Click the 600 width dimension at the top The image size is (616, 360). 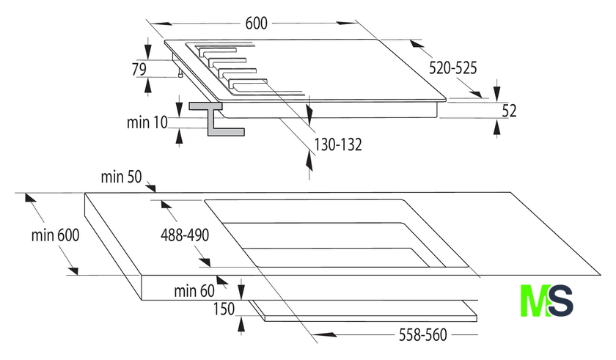point(256,23)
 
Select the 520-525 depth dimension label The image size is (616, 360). point(452,68)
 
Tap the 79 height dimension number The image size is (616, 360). point(139,69)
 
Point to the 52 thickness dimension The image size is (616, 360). point(509,111)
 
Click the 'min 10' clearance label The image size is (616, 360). point(147,122)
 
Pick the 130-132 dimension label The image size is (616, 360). point(338,145)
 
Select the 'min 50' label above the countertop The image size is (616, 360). point(121,177)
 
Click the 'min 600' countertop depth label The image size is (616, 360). point(56,235)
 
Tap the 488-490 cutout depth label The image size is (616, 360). point(185,235)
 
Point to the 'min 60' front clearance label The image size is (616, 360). point(194,291)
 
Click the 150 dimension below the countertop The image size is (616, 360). point(224,309)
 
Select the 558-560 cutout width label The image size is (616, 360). point(422,335)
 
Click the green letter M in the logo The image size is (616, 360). point(535,301)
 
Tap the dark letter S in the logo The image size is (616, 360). point(560,301)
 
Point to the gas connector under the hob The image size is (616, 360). point(180,73)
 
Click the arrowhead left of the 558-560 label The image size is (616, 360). point(326,334)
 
